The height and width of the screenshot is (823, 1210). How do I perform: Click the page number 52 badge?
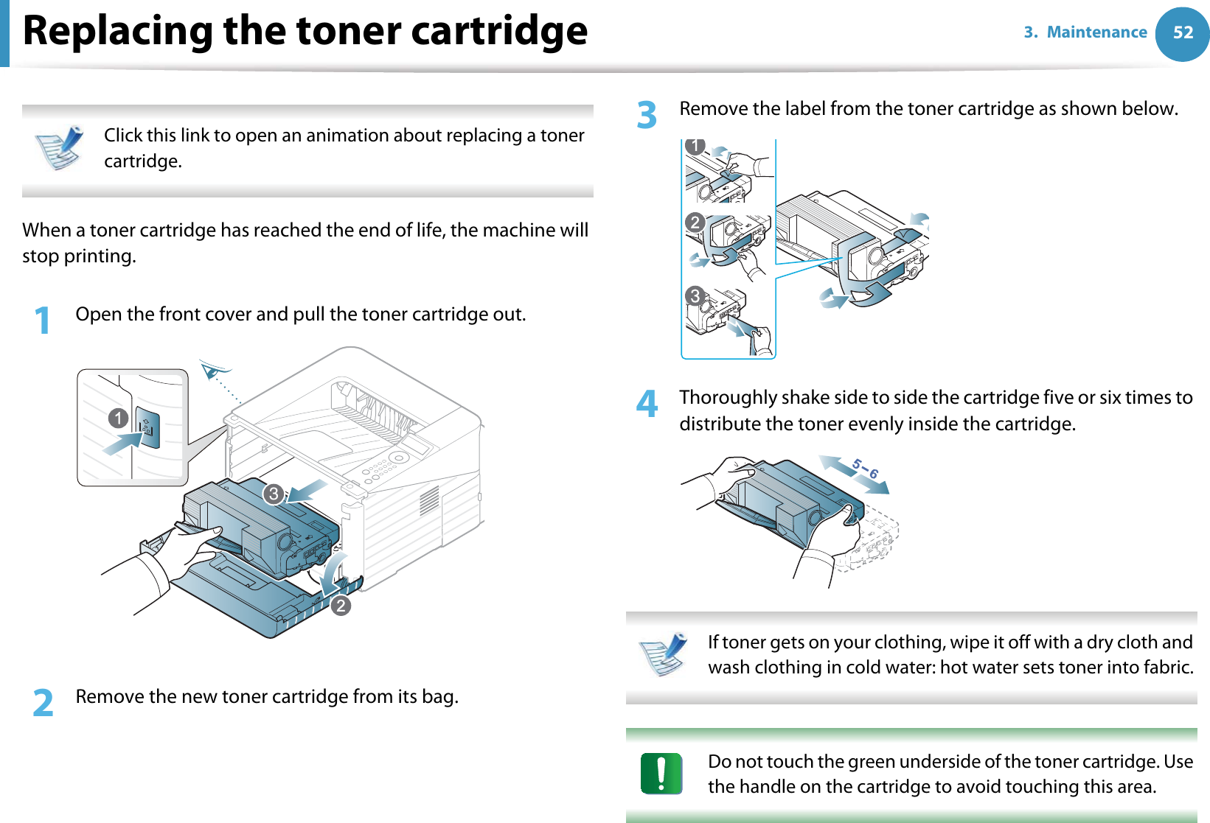coord(1182,33)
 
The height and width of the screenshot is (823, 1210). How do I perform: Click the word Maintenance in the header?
coord(1096,32)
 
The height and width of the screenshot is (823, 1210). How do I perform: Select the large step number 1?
coord(43,321)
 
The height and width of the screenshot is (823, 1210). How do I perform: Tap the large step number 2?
coord(44,702)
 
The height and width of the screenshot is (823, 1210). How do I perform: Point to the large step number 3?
coord(647,115)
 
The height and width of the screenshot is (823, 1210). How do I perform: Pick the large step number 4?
coord(647,404)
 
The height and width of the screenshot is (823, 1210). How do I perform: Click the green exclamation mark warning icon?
coord(661,774)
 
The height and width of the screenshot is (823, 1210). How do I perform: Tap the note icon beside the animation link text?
coord(60,147)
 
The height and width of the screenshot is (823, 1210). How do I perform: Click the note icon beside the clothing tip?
coord(663,654)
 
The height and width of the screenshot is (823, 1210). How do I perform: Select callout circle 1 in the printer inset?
coord(118,418)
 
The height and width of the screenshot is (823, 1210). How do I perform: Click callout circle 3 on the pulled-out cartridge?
coord(274,494)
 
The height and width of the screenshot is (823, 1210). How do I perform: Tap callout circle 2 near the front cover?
coord(340,606)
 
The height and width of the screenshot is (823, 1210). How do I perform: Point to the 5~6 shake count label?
coord(865,469)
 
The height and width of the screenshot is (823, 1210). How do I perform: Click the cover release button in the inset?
coord(148,428)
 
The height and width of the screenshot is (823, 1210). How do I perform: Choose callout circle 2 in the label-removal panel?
coord(695,222)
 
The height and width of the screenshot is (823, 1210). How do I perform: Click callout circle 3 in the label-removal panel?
coord(695,296)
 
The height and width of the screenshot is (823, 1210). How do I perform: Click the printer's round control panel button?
coord(399,458)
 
